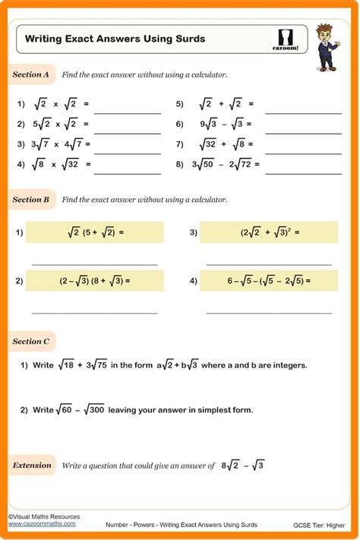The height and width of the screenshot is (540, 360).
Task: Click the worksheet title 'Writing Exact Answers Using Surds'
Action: [x=115, y=38]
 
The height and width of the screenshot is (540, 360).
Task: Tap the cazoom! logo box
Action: [x=286, y=39]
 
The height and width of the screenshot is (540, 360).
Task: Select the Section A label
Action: [x=31, y=74]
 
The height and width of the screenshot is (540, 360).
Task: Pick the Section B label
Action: [x=31, y=200]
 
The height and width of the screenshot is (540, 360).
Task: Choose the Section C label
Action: [x=31, y=342]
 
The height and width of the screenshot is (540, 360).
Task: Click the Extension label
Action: [x=33, y=465]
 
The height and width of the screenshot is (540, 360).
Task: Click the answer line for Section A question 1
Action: [x=127, y=112]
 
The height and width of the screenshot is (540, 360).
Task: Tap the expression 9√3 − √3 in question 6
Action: [x=222, y=124]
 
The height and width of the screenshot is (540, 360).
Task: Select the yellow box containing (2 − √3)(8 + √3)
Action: [x=95, y=281]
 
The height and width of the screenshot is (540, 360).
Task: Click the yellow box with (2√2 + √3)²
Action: [x=269, y=232]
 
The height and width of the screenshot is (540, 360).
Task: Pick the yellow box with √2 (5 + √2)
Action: [x=95, y=232]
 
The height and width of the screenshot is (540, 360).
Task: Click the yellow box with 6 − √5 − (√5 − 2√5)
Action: [x=269, y=281]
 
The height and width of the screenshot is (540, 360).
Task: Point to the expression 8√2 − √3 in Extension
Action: [x=242, y=466]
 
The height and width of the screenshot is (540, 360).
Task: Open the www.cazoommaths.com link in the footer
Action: [x=42, y=523]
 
